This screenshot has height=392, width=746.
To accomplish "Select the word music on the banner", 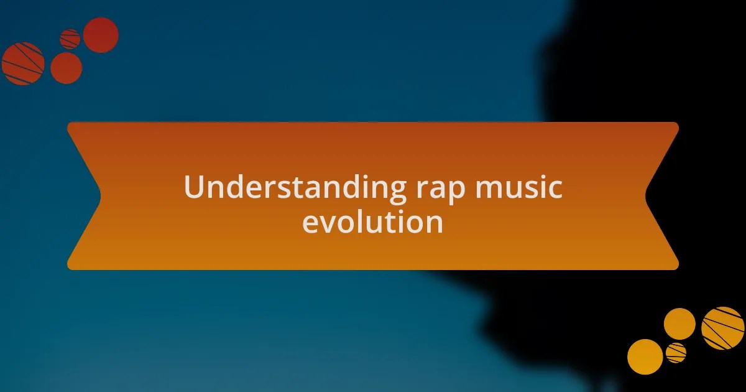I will [520, 188].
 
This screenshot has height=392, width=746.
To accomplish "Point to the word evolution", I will [372, 222].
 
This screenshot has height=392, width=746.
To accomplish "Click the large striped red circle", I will [23, 63].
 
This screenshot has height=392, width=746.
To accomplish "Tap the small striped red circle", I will [70, 39].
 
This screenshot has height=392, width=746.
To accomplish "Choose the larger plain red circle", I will [101, 35].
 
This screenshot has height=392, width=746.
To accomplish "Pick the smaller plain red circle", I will [66, 68].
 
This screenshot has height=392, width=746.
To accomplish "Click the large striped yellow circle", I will [722, 328].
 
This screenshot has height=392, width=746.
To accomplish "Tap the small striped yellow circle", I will [676, 353].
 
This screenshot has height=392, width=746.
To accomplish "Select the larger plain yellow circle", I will [645, 357].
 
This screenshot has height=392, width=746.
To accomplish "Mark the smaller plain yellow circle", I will [679, 324].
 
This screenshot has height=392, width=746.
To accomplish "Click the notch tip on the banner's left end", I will [100, 196].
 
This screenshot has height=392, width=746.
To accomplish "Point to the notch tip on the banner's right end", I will [646, 196].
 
